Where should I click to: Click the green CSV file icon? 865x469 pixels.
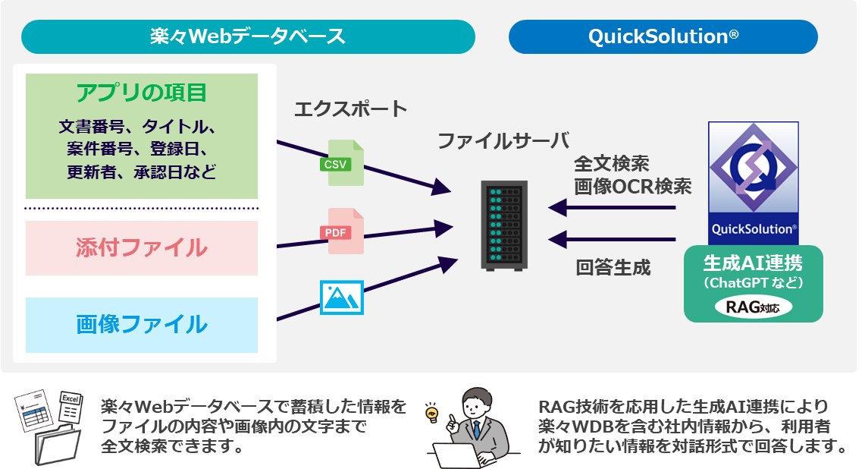(346, 162)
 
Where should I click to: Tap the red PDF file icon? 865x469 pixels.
(346, 231)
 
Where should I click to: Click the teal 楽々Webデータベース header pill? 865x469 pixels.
(248, 36)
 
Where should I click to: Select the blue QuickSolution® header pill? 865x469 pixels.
(663, 36)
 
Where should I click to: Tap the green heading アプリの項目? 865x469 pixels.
(142, 93)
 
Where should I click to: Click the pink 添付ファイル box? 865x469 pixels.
(142, 247)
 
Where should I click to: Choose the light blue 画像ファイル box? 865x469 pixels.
(142, 324)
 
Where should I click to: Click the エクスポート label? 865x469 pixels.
(350, 109)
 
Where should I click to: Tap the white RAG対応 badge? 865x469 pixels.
(753, 307)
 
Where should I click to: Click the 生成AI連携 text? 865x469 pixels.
(753, 263)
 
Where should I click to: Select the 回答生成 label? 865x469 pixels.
(613, 268)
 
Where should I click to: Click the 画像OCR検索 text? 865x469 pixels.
(632, 186)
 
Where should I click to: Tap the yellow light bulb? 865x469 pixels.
(434, 413)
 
